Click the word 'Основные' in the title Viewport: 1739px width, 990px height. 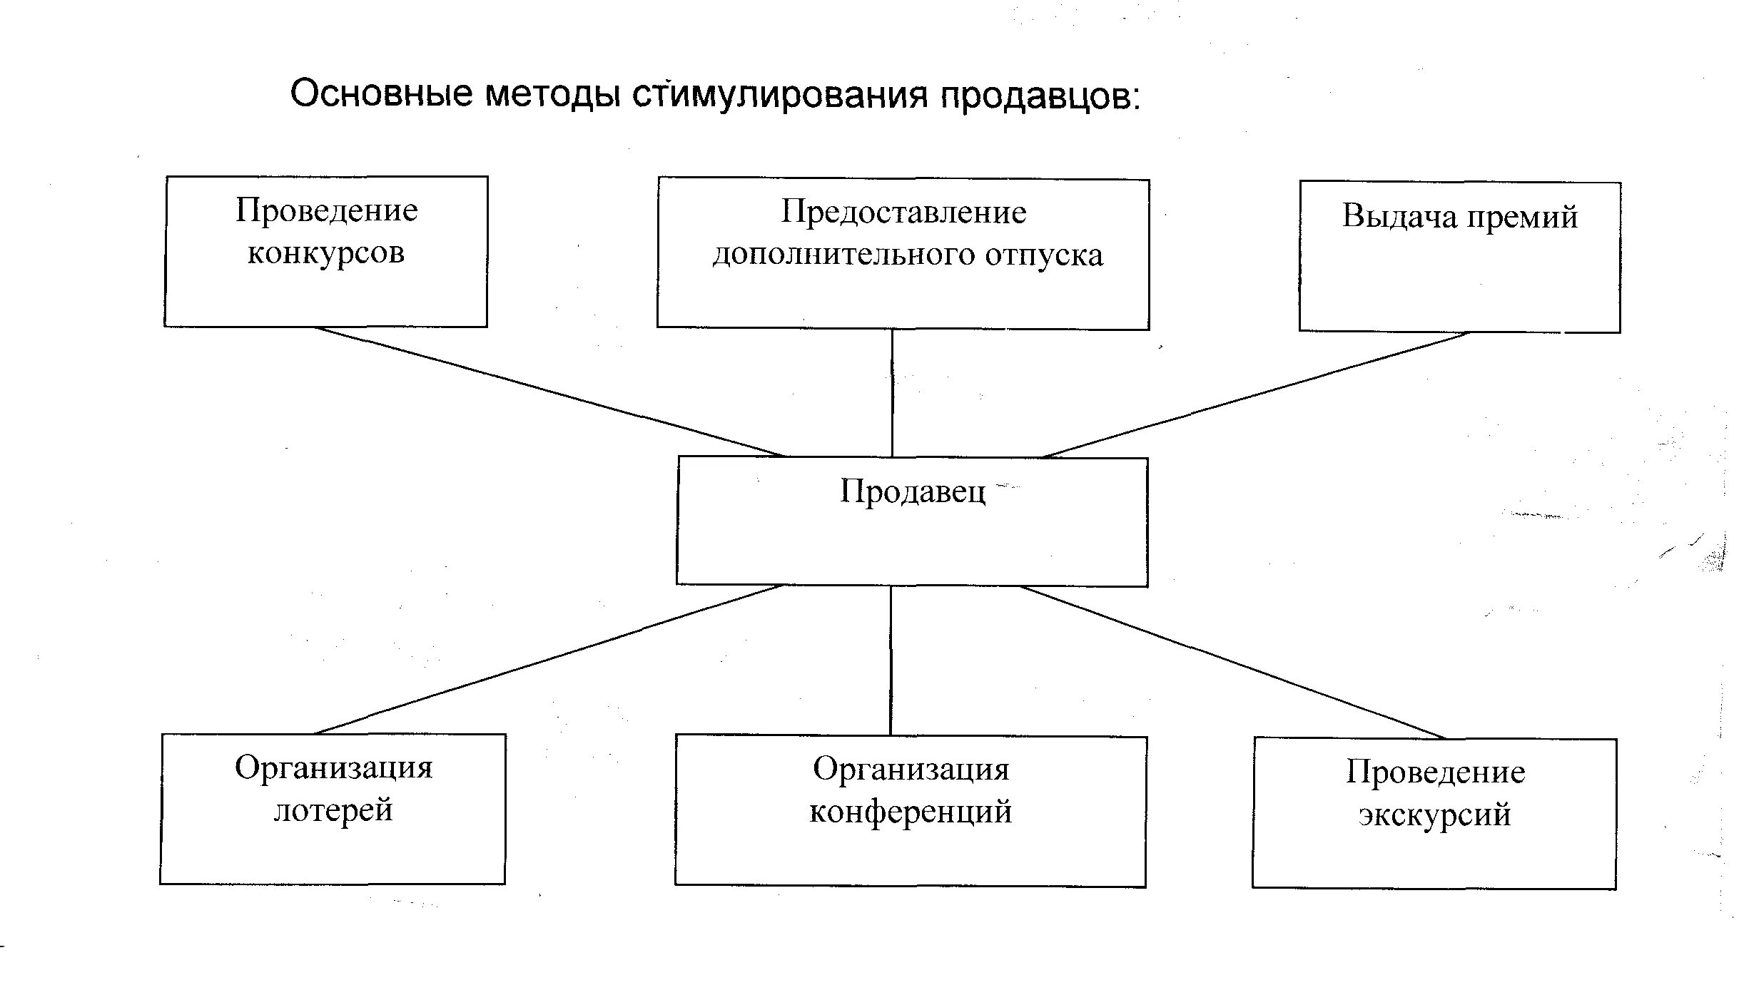(x=381, y=94)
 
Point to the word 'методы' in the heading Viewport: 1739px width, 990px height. (x=552, y=95)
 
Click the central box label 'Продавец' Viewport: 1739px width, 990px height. (x=912, y=491)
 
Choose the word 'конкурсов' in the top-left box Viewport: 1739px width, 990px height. (x=326, y=253)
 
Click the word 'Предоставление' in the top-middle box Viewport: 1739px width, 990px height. (x=903, y=213)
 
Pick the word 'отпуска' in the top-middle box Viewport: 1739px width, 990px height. (x=1044, y=255)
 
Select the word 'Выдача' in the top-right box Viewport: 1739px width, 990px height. (x=1399, y=216)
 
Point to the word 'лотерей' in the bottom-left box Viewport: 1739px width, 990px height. (x=333, y=810)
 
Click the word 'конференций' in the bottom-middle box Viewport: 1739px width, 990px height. (x=911, y=812)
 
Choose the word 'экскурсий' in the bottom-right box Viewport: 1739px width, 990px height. (x=1434, y=815)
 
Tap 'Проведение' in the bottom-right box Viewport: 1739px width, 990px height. (x=1436, y=772)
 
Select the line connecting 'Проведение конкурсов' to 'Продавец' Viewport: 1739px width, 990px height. (x=549, y=392)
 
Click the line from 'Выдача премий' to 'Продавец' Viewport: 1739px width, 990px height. (x=1256, y=394)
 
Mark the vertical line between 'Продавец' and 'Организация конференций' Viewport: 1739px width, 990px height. (x=891, y=660)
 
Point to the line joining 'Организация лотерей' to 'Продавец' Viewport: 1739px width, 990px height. (x=549, y=660)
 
